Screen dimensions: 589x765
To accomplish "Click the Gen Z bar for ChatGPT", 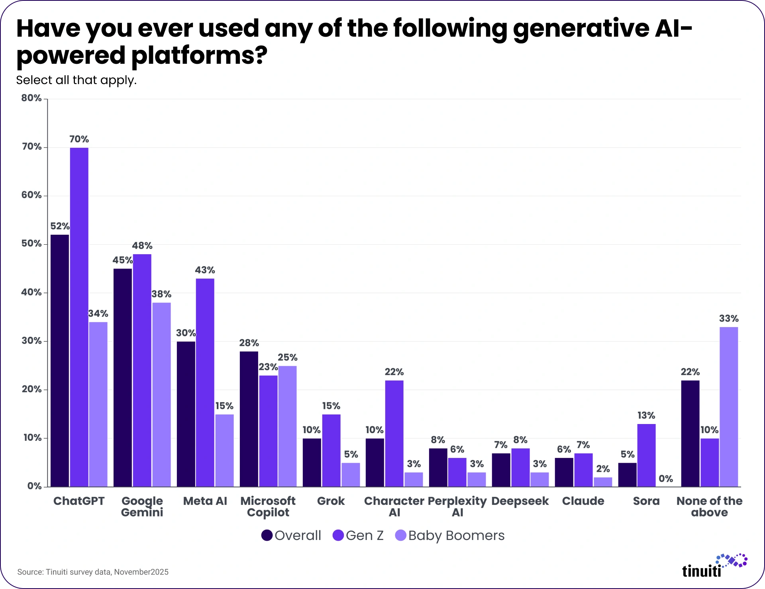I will click(79, 317).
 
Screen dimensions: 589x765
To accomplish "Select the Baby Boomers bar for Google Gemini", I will click(161, 395).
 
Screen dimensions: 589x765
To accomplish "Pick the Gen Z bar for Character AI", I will click(394, 433).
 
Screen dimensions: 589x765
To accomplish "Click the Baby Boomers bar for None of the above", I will click(729, 406).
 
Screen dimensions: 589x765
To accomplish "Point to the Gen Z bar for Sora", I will click(646, 455).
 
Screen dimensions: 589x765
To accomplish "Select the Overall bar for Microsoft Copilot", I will click(249, 418).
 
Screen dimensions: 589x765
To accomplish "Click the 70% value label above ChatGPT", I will click(79, 139).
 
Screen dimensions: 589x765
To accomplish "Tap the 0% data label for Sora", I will click(666, 479).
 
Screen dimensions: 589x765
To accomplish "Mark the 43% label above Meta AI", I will click(205, 270).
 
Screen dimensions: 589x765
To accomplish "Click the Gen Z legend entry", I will click(358, 535).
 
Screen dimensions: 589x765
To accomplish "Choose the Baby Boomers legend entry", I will click(450, 535).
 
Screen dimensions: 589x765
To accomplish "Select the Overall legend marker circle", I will click(267, 535).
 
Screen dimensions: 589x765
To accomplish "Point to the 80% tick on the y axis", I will click(31, 98).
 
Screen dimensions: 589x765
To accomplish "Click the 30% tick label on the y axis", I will click(31, 341).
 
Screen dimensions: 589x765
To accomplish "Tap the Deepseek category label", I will click(520, 501).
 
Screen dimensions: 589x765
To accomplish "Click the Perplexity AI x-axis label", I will click(457, 506).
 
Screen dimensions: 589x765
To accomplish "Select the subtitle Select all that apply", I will click(76, 80).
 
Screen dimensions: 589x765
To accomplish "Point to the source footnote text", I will click(93, 572).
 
